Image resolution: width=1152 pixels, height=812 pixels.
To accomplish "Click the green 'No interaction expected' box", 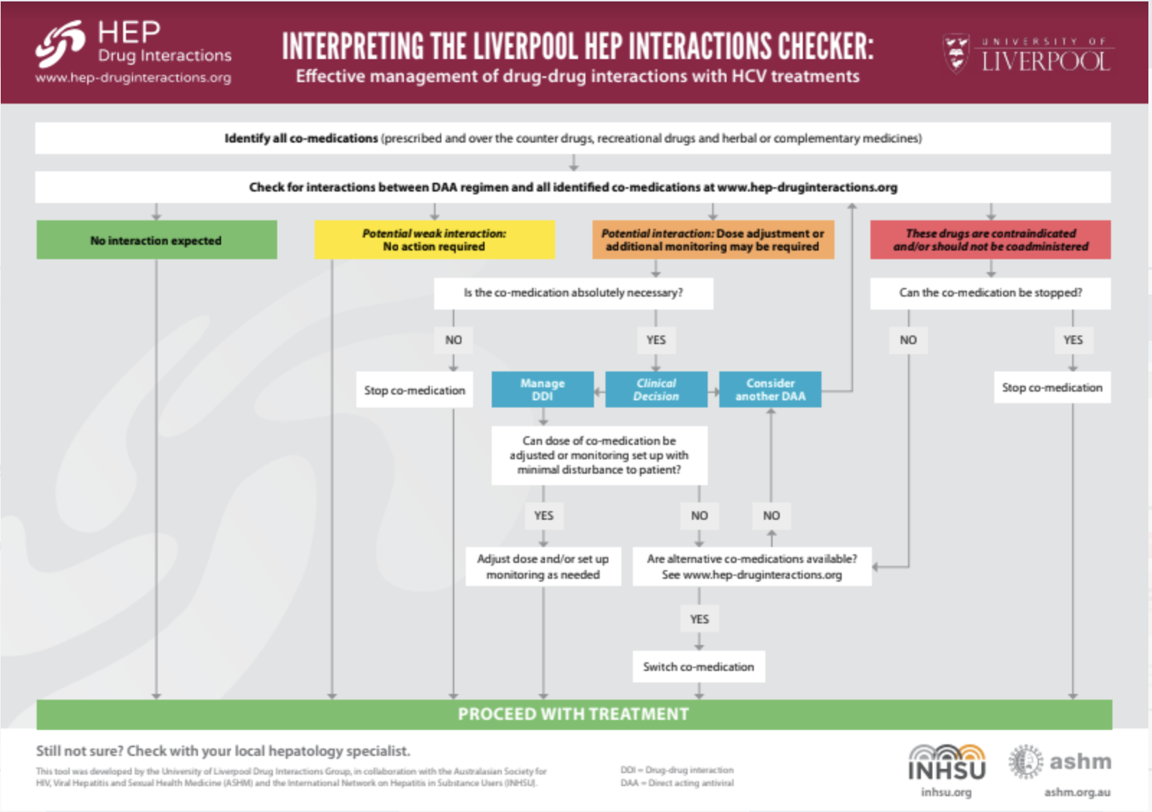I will click(156, 240).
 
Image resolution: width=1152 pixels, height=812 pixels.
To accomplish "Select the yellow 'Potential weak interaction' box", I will click(434, 240).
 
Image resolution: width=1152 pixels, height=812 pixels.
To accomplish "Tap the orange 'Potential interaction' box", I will click(713, 240).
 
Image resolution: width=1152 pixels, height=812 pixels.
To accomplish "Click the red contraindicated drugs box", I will click(990, 240).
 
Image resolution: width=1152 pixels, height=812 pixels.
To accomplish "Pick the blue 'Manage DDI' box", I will click(542, 389).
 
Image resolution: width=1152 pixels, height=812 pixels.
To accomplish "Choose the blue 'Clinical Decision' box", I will click(656, 389).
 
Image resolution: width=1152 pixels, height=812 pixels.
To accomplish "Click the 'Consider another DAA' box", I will click(770, 389).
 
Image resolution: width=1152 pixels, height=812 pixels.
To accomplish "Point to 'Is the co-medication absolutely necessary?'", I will click(573, 293).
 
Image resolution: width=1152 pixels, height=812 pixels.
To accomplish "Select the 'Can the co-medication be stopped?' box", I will click(990, 293).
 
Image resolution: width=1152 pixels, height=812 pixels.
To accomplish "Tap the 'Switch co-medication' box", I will click(698, 667).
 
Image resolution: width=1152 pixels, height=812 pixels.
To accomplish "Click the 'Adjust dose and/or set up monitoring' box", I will click(543, 567).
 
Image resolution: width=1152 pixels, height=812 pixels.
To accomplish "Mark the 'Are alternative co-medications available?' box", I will click(752, 567).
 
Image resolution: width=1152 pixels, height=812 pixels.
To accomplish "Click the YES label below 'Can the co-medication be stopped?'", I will click(1073, 340).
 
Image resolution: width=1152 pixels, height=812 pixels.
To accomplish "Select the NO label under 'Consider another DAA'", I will click(771, 515).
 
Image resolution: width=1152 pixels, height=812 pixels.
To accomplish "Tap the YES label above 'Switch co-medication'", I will click(699, 619).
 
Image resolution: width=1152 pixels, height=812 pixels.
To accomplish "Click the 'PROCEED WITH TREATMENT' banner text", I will click(573, 714).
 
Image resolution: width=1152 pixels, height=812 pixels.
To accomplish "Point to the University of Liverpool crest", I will click(956, 53).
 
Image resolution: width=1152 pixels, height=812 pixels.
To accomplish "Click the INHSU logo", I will click(946, 763).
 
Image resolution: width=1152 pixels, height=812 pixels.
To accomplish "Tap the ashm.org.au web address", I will click(1077, 792).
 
